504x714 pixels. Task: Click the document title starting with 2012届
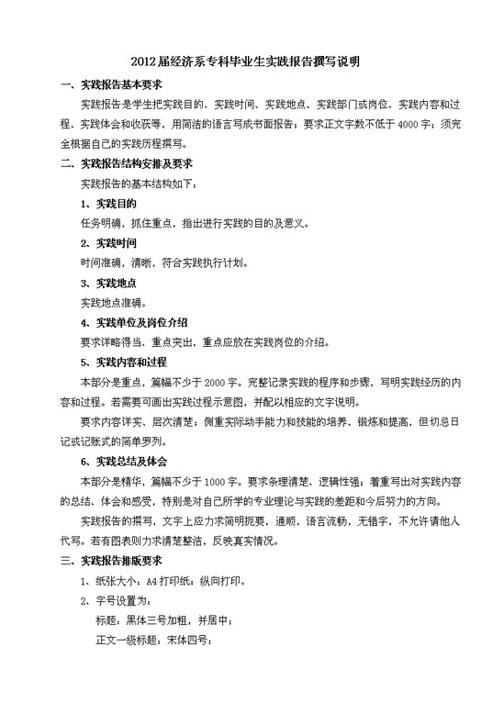[x=252, y=62]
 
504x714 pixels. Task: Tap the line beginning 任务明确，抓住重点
[x=198, y=223]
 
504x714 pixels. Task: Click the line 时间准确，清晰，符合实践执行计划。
[x=165, y=262]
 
